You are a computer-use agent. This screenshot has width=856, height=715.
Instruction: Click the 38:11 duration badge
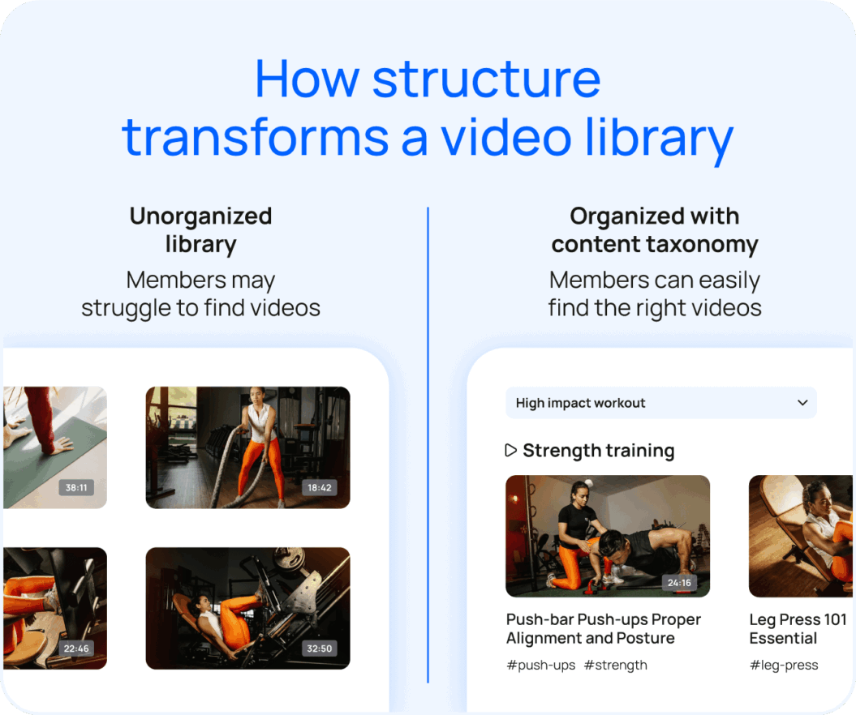76,488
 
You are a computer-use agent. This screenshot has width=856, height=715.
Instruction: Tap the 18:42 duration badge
320,488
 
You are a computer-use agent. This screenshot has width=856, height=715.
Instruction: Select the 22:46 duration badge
76,649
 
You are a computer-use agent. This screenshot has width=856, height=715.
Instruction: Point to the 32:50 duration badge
320,649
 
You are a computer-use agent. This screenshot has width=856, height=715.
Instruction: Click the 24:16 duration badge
679,582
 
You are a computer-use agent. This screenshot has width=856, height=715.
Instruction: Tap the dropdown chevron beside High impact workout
802,403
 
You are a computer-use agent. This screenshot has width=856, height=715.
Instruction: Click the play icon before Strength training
510,450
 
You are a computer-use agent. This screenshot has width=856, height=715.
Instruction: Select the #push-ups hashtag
540,665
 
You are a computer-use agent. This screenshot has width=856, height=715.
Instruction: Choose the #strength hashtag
615,665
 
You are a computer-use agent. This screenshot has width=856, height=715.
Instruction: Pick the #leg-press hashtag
783,665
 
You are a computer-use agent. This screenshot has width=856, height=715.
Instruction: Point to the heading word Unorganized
200,216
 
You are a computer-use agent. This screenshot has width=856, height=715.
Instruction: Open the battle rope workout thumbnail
247,447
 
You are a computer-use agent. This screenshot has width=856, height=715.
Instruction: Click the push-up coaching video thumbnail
607,535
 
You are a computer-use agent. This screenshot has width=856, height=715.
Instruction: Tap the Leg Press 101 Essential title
798,628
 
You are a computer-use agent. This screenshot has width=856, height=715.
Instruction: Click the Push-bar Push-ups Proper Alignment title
603,628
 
